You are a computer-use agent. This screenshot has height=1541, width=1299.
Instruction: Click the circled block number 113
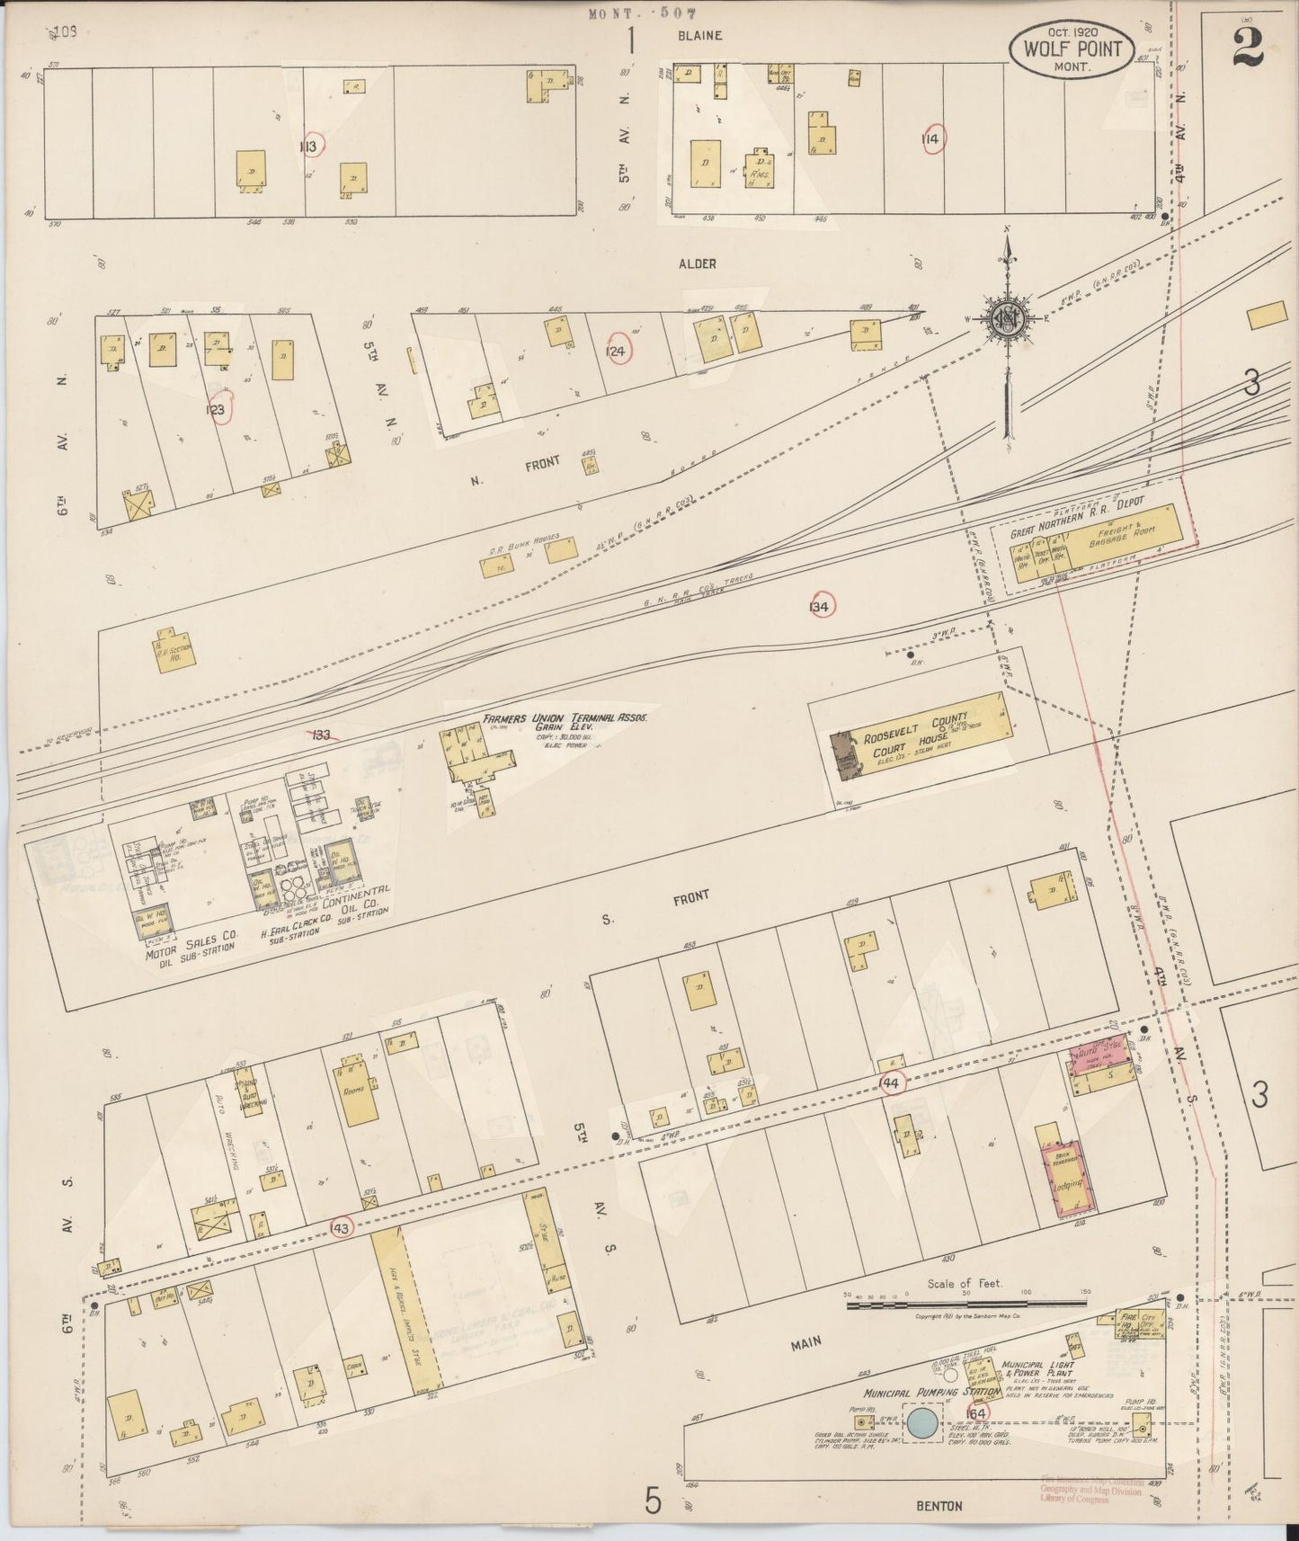(x=311, y=145)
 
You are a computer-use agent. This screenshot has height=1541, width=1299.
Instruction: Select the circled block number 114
(x=930, y=139)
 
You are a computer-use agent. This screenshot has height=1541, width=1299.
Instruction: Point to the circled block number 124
(x=616, y=350)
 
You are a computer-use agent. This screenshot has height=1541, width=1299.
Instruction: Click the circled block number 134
(x=820, y=606)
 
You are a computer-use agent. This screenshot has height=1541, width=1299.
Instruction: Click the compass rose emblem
(x=1007, y=319)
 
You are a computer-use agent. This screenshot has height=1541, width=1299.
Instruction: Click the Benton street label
(x=939, y=1506)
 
